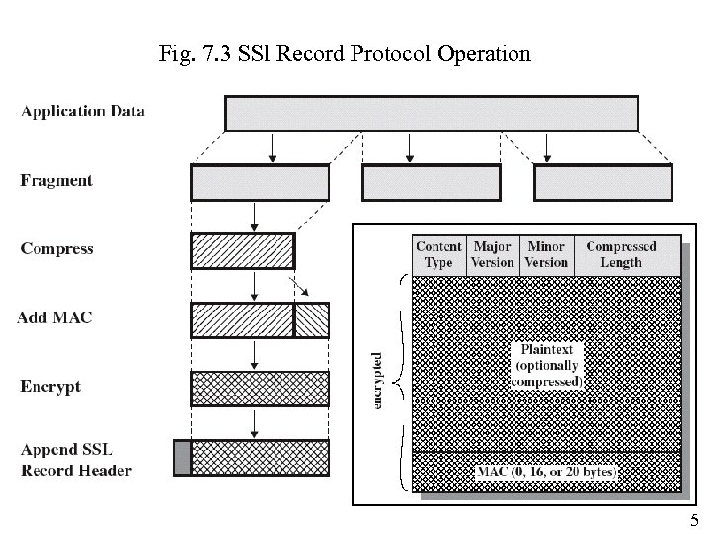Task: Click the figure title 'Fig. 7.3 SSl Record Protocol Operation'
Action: click(x=345, y=53)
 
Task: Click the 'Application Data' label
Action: click(x=83, y=112)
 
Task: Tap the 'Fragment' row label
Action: click(x=56, y=181)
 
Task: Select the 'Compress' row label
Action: click(x=56, y=249)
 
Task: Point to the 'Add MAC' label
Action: click(x=55, y=317)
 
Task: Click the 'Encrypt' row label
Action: click(x=50, y=386)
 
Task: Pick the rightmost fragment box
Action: click(x=603, y=182)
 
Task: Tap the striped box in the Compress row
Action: click(x=242, y=250)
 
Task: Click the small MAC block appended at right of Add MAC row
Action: click(x=312, y=319)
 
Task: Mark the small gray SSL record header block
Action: click(x=181, y=457)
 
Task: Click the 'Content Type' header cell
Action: click(x=438, y=254)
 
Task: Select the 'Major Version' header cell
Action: click(x=493, y=254)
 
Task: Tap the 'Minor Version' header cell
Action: click(x=546, y=254)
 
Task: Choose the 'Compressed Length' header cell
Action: click(x=620, y=254)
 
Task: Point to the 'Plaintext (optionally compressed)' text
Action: click(x=549, y=365)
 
